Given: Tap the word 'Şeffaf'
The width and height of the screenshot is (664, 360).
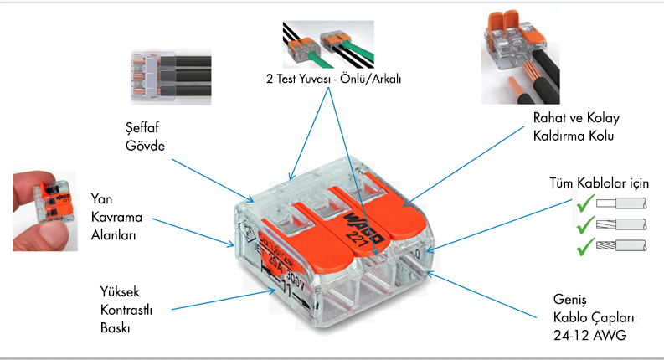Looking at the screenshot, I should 138,128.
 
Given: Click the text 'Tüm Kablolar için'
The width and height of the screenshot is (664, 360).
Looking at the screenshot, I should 599,183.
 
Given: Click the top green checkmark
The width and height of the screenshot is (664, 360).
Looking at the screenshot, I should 586,202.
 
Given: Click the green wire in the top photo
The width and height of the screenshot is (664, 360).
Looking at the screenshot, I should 314,59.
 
